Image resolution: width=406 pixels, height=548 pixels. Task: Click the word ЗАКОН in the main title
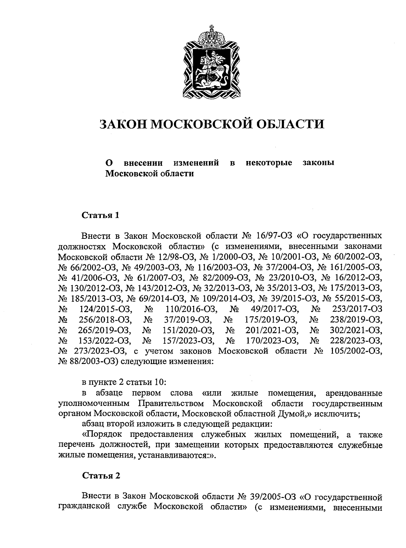pyautogui.click(x=122, y=124)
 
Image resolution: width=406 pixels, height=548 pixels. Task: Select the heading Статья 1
pyautogui.click(x=101, y=215)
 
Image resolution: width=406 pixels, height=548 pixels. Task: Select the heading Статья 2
pyautogui.click(x=101, y=476)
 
